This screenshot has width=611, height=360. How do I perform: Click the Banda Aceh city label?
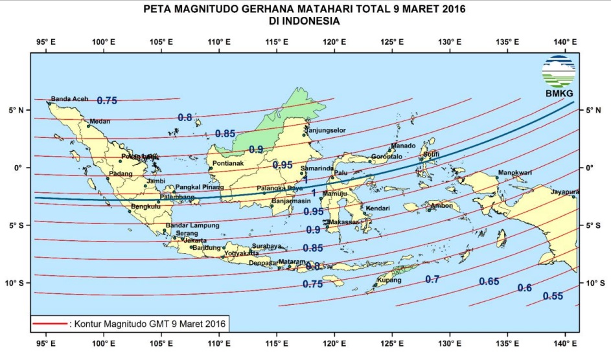69,98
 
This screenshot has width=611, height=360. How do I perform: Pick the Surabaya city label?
266,246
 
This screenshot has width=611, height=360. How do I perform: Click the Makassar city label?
343,222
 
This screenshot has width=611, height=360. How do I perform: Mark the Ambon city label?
441,206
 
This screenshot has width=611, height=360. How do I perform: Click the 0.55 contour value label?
553,296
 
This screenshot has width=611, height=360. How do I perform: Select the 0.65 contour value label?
489,282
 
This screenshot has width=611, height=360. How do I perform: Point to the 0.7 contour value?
432,279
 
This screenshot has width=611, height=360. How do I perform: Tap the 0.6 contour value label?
525,288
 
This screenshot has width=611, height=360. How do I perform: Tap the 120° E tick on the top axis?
334,42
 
